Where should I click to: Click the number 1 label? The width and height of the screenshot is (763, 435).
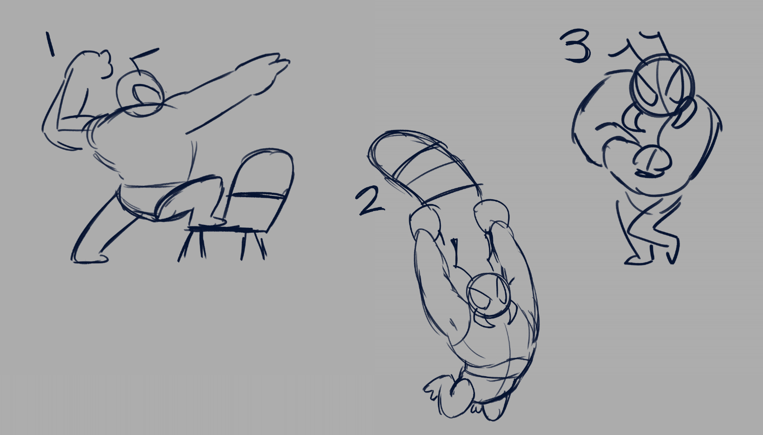50,44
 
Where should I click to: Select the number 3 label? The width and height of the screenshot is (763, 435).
576,46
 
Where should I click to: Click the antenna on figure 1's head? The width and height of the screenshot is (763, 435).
143,60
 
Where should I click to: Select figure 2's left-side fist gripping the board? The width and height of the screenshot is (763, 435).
425,223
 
